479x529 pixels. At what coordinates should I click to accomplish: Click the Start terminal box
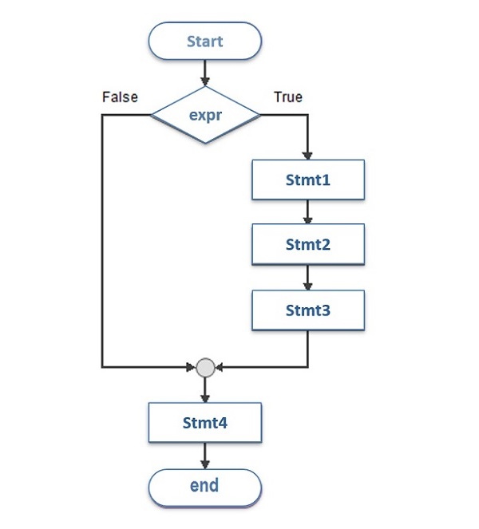pos(205,41)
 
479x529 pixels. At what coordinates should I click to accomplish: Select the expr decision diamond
pos(205,115)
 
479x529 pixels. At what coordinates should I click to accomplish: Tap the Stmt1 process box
pos(308,180)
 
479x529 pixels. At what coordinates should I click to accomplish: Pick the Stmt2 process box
pos(308,245)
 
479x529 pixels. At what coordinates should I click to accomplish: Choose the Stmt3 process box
pos(308,310)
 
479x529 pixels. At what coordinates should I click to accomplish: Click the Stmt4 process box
pos(205,423)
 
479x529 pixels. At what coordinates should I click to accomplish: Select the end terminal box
pos(205,486)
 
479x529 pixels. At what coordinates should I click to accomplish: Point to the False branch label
pos(120,97)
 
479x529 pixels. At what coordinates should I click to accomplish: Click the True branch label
pos(288,97)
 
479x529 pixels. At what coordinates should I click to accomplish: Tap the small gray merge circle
pos(205,368)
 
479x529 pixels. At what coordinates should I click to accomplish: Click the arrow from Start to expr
pos(205,73)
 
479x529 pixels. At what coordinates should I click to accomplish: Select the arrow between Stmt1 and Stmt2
pos(308,211)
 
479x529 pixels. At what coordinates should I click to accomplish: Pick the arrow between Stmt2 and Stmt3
pos(308,277)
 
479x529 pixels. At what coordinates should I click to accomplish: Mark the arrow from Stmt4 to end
pos(205,455)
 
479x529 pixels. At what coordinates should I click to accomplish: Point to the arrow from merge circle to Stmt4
pos(205,389)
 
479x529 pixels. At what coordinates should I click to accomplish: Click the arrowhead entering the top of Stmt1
pos(308,155)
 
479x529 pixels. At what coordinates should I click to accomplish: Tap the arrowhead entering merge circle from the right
pos(220,368)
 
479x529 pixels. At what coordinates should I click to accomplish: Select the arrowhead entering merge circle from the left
pos(191,368)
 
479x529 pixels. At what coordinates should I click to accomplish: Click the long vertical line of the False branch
pos(102,239)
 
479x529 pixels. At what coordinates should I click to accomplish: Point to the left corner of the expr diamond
pos(152,115)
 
